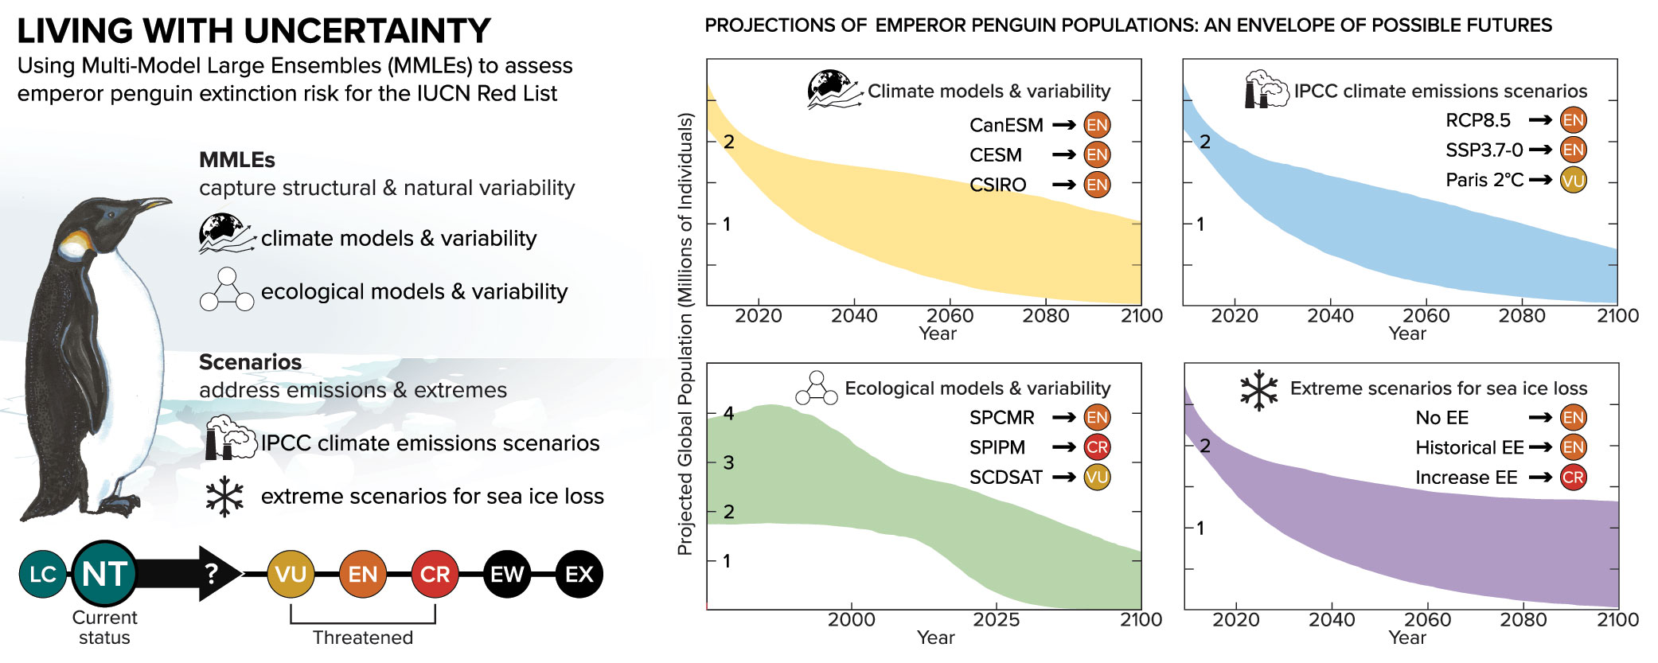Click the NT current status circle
click(x=104, y=574)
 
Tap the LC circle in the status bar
click(x=42, y=574)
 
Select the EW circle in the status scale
click(x=507, y=574)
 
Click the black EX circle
click(x=579, y=574)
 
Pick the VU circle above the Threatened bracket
click(x=291, y=574)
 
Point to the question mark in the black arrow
click(x=211, y=573)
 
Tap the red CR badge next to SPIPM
click(x=1097, y=447)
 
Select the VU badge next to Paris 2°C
click(x=1573, y=180)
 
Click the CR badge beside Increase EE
click(x=1573, y=478)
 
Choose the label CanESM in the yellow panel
click(x=1006, y=126)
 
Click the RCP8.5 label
click(x=1477, y=120)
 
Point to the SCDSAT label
click(x=1005, y=478)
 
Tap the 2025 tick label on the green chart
click(x=997, y=620)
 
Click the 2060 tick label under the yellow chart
click(x=950, y=316)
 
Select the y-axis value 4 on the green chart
click(x=728, y=413)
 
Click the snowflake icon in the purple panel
click(x=1258, y=390)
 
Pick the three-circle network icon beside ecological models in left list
click(x=227, y=290)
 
